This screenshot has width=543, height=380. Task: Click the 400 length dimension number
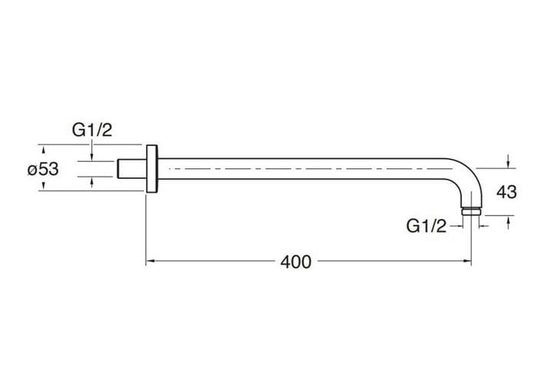point(296,262)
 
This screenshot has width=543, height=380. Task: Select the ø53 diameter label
point(43,170)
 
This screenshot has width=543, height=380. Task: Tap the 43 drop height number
point(507,192)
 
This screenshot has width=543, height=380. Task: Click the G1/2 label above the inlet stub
point(92,130)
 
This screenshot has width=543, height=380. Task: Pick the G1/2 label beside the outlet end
point(426,226)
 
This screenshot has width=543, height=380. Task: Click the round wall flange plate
point(152,168)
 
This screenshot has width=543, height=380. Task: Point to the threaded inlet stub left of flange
point(132,169)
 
